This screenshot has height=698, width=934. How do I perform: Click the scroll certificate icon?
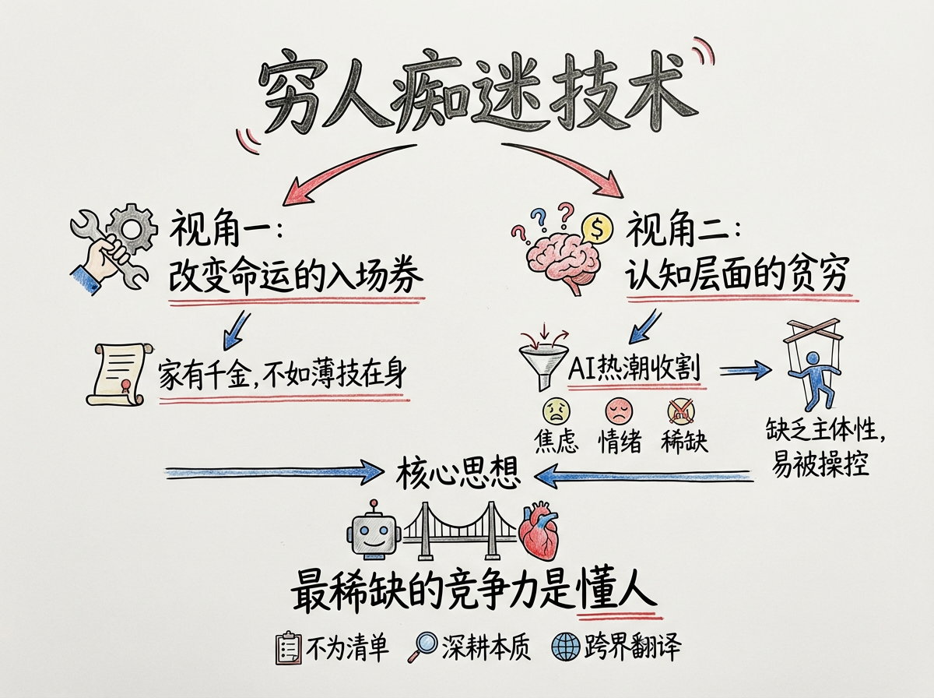118,374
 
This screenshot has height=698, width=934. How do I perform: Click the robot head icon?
376,531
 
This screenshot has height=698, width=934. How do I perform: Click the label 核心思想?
458,472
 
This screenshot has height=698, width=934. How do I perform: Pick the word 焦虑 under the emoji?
557,441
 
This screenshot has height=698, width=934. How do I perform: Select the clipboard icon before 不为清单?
288,647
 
